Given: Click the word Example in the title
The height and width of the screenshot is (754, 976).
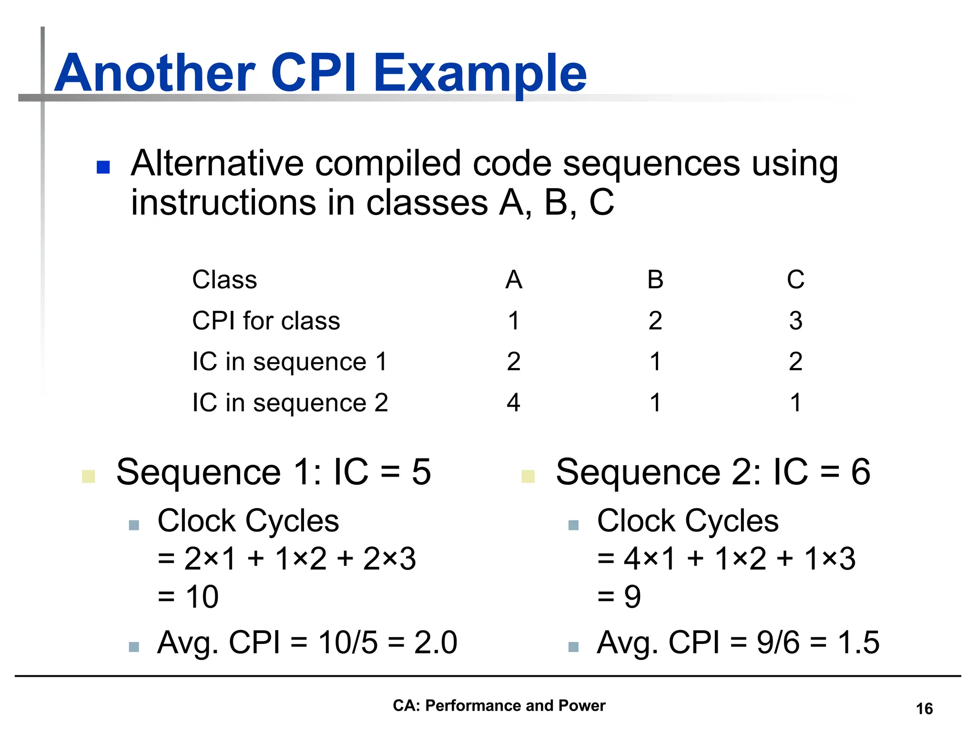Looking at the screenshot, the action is tap(480, 74).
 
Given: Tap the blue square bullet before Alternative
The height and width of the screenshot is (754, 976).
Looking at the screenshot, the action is tap(103, 167).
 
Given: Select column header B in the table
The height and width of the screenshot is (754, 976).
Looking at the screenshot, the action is tap(655, 280).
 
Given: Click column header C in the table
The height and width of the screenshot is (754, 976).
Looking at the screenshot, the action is tap(795, 280).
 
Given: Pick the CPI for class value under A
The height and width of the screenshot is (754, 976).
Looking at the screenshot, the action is tap(513, 321).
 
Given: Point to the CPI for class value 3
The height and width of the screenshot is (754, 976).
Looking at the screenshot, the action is tap(795, 321).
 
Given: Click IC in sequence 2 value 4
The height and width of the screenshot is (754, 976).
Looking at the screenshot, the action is tap(513, 403).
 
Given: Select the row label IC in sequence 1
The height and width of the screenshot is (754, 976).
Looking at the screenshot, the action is tap(290, 362).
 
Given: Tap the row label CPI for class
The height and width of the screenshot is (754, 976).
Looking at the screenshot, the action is tap(266, 321).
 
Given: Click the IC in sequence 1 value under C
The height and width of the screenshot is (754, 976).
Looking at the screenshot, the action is tap(795, 362).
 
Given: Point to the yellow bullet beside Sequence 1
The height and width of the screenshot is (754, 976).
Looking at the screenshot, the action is tap(89, 476).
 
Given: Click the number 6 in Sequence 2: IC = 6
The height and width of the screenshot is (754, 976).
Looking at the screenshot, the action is tap(861, 472).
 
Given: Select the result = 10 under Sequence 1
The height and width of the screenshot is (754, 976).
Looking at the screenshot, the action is tap(189, 597).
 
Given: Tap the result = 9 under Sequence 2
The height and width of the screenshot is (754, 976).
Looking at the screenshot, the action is tap(620, 597).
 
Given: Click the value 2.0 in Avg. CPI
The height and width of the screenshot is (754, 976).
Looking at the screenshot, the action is tap(436, 642).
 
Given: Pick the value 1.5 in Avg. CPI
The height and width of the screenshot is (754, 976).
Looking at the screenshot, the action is tap(858, 642).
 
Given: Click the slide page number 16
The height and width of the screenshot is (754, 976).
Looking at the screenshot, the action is tap(924, 709).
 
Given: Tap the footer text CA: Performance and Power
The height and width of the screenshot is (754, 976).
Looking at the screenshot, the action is tap(499, 705).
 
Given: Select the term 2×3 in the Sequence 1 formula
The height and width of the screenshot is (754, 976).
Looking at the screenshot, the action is tap(389, 559).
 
